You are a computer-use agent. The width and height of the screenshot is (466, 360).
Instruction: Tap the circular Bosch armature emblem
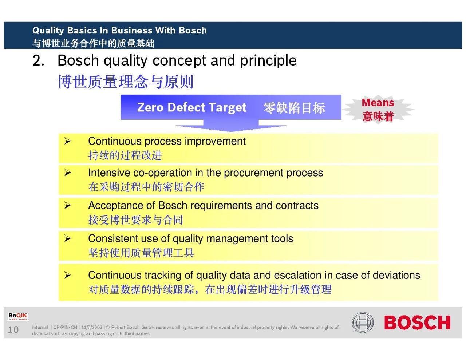(363, 322)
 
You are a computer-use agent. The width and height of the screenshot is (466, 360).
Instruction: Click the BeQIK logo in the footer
(18, 316)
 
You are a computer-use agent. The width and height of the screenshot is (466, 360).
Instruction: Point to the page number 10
(13, 329)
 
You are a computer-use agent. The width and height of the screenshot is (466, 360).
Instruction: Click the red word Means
(378, 103)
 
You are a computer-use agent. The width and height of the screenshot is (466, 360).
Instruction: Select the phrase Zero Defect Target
(192, 107)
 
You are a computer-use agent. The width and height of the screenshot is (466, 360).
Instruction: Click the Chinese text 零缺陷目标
(294, 108)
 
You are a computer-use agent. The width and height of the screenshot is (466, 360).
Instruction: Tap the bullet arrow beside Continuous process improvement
(68, 141)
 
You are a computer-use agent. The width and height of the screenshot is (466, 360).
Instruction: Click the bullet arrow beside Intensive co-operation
(68, 173)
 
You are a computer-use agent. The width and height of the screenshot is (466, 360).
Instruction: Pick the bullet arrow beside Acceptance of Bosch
(68, 205)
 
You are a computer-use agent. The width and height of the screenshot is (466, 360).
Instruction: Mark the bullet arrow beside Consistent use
(68, 238)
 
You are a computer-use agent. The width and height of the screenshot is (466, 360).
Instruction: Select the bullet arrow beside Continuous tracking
(68, 275)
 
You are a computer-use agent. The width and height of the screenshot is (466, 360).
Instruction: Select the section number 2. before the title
(39, 60)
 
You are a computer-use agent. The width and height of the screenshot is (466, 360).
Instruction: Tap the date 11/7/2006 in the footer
(92, 327)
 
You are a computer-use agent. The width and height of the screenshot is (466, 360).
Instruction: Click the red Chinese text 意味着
(378, 116)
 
